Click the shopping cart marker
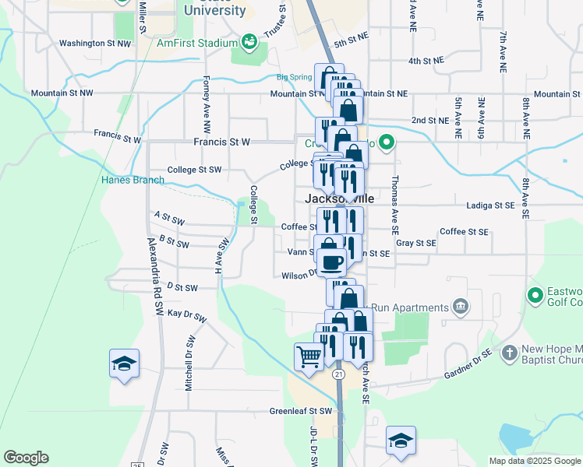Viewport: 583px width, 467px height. [309, 357]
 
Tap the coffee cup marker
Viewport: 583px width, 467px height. [332, 262]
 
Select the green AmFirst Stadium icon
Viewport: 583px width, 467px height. [249, 40]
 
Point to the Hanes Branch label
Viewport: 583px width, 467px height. [132, 180]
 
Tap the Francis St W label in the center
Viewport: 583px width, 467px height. [222, 142]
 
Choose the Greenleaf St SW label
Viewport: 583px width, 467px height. [301, 411]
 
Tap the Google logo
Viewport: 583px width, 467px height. [26, 458]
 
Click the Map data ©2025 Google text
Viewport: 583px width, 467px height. [534, 461]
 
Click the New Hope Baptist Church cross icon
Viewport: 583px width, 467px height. [510, 352]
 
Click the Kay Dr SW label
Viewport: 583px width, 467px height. [186, 317]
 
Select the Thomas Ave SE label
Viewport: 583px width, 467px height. [395, 195]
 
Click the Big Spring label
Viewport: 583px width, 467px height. [294, 77]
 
